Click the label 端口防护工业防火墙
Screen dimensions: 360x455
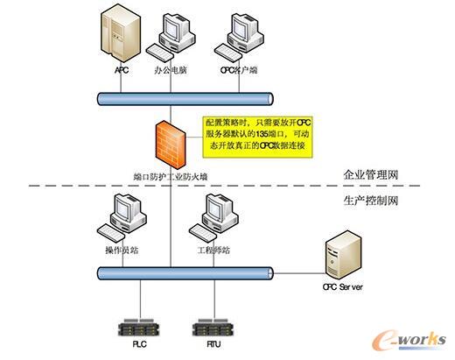coord(170,176)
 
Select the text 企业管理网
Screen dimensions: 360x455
coord(371,175)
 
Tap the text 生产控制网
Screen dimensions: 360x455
coord(371,201)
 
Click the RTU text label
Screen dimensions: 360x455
coord(211,345)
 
